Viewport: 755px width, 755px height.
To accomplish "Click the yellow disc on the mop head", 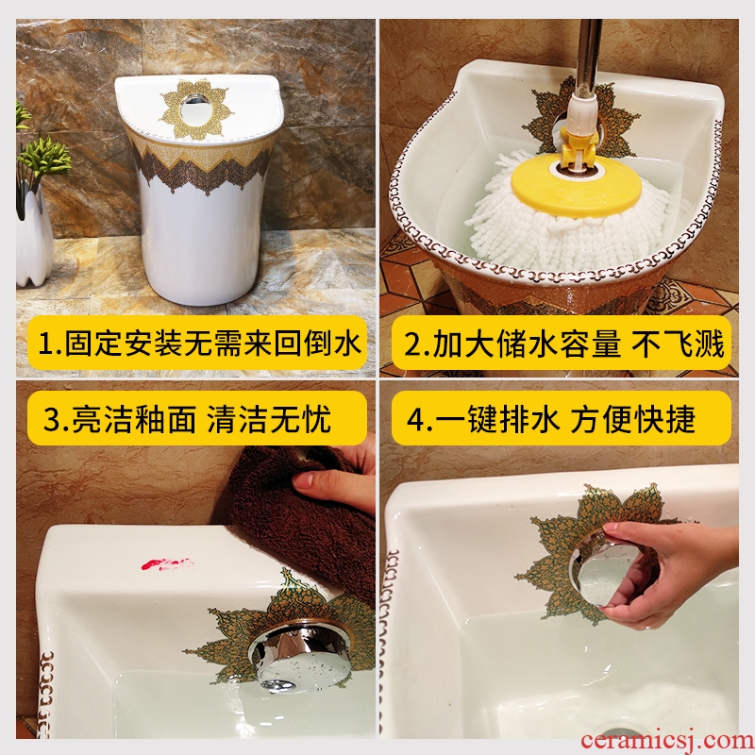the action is click(x=577, y=185).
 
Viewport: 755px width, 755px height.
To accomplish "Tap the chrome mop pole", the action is click(x=588, y=58).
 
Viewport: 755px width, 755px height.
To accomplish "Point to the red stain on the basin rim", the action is click(x=167, y=563).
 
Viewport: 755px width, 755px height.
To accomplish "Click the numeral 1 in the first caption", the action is click(x=46, y=344).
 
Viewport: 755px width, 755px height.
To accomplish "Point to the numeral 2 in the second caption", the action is click(x=413, y=344).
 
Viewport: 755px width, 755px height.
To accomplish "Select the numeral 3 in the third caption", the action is click(x=53, y=419).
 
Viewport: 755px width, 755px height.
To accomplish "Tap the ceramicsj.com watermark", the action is click(x=667, y=740).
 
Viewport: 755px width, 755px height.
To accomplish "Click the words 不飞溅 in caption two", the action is click(x=678, y=344).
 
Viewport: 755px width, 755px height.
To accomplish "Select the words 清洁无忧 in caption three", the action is click(x=269, y=419).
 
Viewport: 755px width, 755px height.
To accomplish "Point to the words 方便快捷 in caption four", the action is click(x=633, y=419).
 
